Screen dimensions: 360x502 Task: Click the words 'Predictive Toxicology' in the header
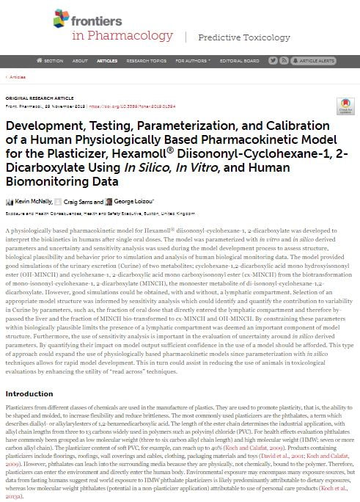[235, 37]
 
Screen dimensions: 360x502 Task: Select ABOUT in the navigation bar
[80, 60]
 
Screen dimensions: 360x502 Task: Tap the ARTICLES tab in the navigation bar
[107, 60]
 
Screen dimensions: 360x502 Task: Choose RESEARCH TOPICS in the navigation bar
[142, 60]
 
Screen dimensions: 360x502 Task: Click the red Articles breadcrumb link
[17, 76]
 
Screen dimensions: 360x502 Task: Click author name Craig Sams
[81, 201]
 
